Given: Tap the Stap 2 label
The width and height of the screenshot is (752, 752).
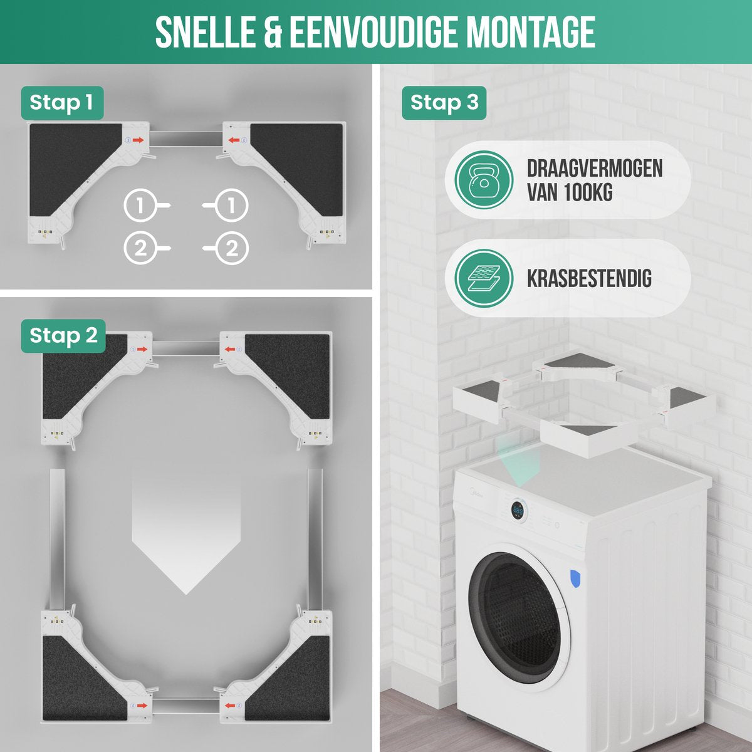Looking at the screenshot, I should pos(63,335).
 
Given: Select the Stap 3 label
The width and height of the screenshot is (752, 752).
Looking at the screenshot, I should pos(444,102).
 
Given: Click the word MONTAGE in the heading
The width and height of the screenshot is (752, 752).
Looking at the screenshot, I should pos(530,33).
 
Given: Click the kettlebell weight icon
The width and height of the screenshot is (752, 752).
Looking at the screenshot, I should pos(484,180).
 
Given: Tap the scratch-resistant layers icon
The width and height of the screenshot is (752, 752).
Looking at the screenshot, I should pos(484,278).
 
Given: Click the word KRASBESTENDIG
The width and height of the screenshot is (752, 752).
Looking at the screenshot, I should pos(589,278).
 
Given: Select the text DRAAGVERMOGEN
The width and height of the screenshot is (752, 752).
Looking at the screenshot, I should pos(595,168).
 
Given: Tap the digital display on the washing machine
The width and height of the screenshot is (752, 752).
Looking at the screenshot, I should pos(518,511).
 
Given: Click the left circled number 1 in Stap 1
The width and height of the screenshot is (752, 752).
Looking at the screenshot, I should pos(140,205).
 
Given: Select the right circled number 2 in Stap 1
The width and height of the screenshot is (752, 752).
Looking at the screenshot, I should pos(232,249).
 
